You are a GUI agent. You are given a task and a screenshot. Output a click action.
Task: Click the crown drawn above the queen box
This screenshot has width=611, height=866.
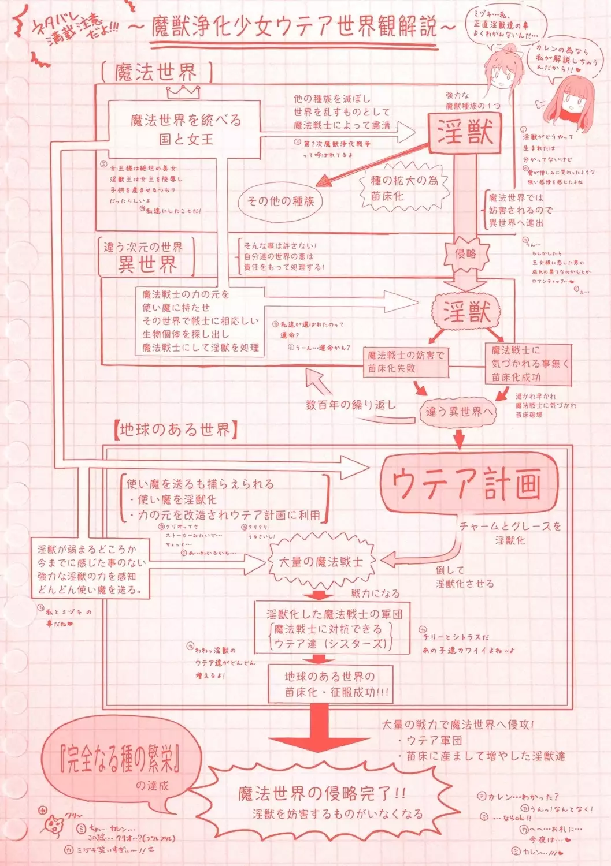[x=183, y=92]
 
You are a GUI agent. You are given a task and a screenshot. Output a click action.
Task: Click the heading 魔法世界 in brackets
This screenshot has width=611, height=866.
[x=156, y=73]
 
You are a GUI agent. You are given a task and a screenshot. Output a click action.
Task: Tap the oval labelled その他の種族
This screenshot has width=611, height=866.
[x=280, y=201]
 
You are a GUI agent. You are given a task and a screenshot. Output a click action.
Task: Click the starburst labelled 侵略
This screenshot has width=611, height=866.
[x=466, y=253]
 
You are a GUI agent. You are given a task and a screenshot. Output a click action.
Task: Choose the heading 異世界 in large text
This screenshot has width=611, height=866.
[x=147, y=264]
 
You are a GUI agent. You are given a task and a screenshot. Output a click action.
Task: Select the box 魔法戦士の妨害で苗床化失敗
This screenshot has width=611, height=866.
[x=406, y=361]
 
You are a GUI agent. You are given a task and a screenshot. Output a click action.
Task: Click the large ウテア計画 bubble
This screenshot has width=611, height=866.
[x=468, y=484]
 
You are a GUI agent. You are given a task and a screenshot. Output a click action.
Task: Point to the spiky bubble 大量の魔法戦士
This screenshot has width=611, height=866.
[x=321, y=561]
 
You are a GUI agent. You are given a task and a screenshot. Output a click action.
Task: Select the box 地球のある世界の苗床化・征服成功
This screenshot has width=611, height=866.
[x=330, y=684]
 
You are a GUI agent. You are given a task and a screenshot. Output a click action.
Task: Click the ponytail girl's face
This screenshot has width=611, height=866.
[x=501, y=69]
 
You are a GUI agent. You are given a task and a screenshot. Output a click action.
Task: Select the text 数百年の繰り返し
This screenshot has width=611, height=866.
[x=351, y=405]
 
